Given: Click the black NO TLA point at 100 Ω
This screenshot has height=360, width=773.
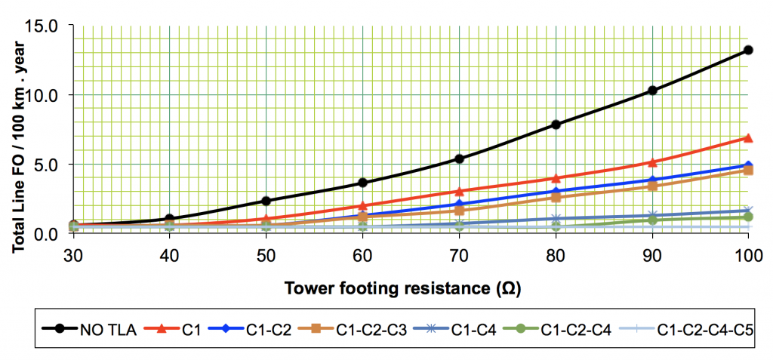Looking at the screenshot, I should click(x=748, y=50).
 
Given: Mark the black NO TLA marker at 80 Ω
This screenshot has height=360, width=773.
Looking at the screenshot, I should click(x=556, y=125).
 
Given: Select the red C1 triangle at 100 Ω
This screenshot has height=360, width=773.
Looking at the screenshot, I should click(x=748, y=138).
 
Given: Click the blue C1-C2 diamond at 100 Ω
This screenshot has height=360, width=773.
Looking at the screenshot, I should click(x=748, y=165).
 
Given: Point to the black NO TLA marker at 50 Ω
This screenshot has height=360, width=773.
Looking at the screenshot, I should click(x=266, y=201).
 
